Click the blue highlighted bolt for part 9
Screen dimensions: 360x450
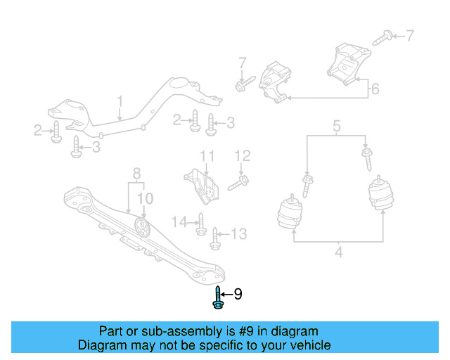[217, 299]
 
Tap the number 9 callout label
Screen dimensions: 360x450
[238, 294]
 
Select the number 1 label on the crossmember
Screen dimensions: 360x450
[120, 103]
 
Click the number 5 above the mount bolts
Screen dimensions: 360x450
[337, 127]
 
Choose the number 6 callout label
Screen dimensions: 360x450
[375, 89]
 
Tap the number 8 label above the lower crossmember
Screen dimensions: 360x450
[136, 173]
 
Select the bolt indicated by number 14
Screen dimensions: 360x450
[200, 224]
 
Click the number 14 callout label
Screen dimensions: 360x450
[180, 222]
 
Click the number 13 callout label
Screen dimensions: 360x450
[239, 233]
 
